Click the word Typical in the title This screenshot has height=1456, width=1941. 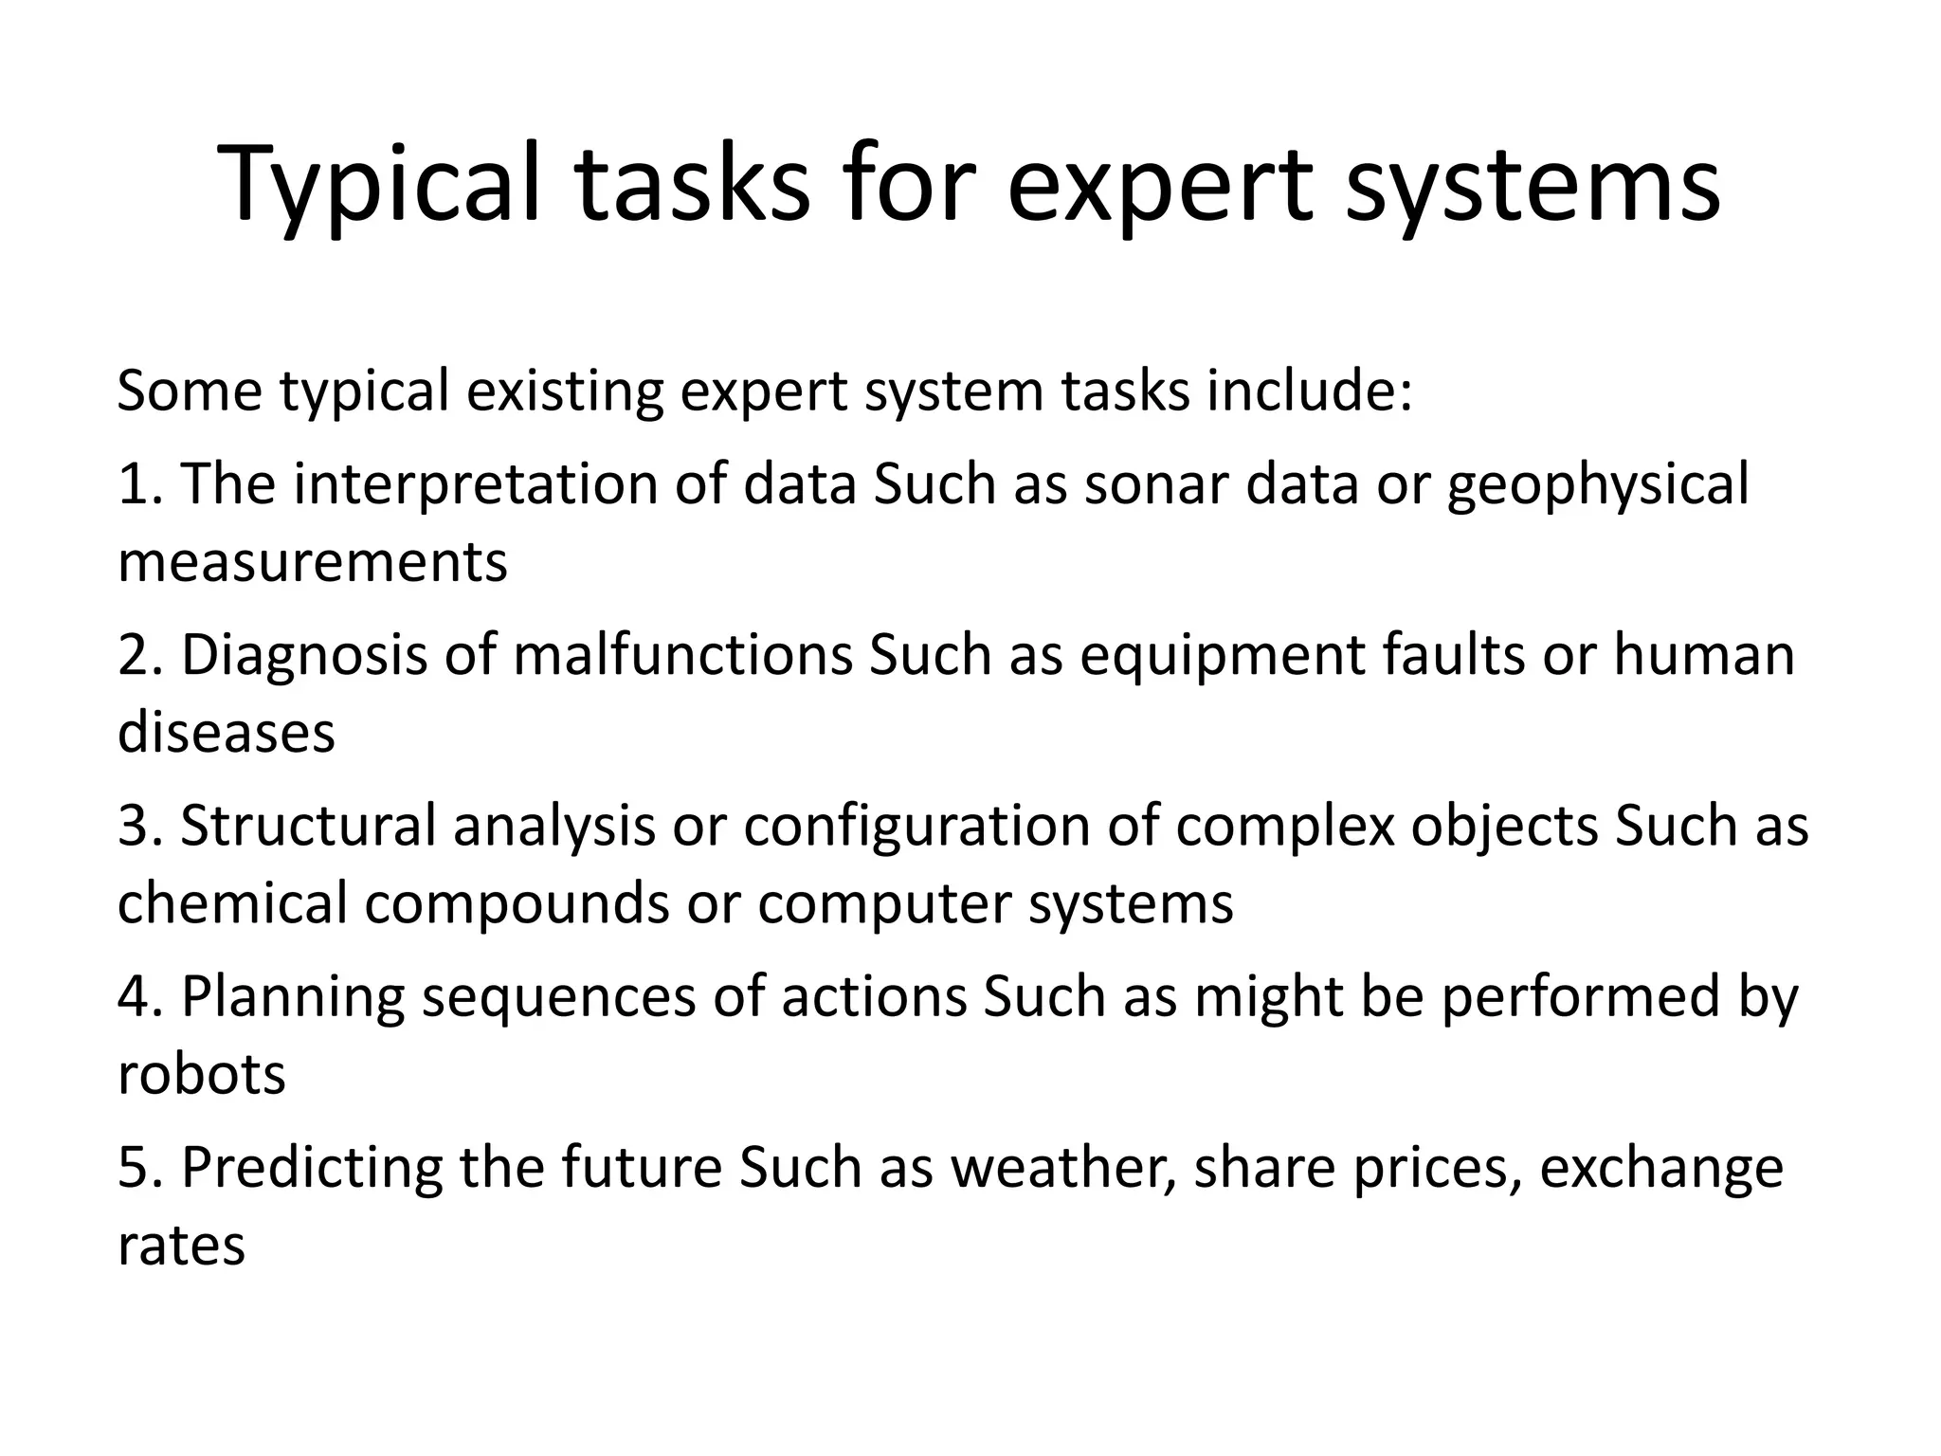coord(379,185)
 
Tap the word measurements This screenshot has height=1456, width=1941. coord(313,561)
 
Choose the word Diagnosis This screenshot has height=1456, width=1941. coord(304,656)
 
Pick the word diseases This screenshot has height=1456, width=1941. coord(227,732)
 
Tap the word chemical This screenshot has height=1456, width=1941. coord(232,902)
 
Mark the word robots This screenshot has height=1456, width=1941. coord(201,1074)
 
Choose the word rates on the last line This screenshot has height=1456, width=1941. coord(181,1245)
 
